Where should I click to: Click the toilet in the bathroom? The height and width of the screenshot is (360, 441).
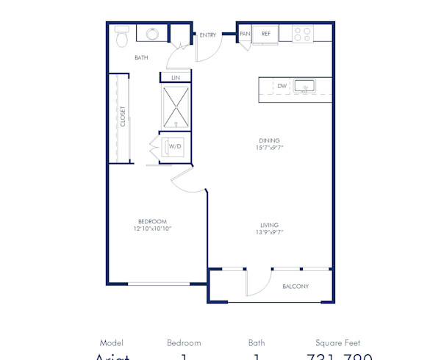122,35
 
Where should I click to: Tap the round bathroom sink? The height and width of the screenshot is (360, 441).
153,34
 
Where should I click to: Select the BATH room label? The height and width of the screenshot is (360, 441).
142,57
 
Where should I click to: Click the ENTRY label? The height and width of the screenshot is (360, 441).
208,34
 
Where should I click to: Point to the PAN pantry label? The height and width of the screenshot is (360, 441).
245,33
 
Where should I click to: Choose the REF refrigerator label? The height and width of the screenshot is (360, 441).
265,33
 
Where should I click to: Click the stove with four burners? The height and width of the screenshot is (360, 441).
303,33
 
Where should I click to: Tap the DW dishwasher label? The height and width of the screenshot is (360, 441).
282,86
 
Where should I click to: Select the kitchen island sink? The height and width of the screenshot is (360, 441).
304,87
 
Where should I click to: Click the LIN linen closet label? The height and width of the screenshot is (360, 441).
176,77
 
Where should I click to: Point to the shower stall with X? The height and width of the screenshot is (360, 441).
176,106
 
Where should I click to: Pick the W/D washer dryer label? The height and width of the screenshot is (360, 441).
175,146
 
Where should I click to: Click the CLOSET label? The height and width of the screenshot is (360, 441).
123,118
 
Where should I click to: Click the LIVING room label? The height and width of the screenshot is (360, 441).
268,225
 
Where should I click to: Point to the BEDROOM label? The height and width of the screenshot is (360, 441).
152,221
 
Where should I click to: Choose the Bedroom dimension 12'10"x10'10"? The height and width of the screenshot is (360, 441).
152,229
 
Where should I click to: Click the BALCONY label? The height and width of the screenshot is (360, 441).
295,286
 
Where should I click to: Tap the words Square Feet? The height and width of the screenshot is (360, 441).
337,342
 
